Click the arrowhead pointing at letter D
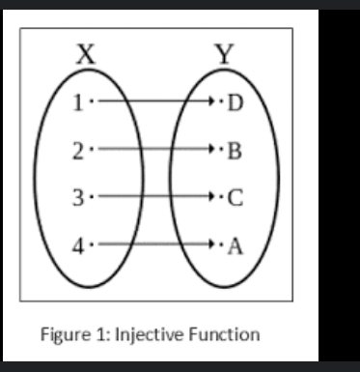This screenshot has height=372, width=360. point(213,100)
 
